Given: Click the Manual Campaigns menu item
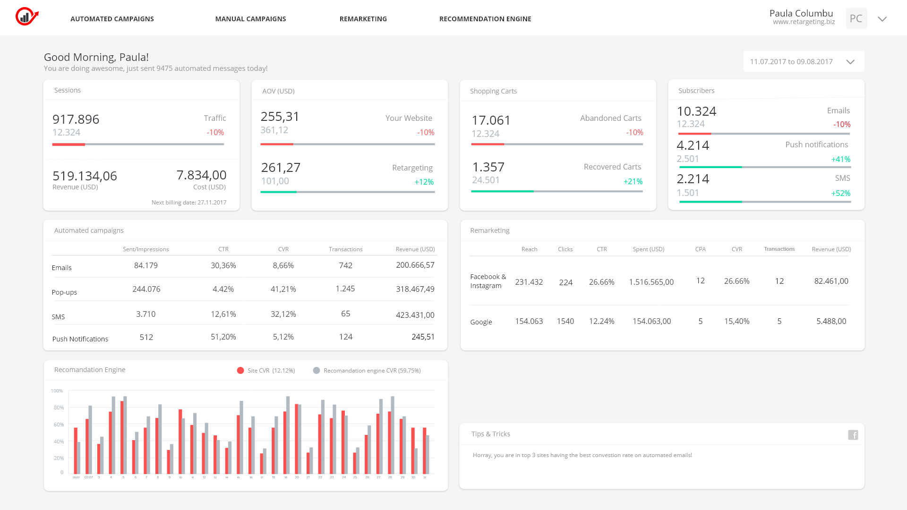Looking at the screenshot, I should click(x=250, y=19).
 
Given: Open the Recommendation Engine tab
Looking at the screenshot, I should click(x=485, y=19).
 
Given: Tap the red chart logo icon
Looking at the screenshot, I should click(x=26, y=17).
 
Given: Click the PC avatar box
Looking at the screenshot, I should click(x=856, y=18).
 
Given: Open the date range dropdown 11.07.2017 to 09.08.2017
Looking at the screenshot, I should click(x=804, y=62).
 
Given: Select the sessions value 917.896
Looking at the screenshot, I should click(x=76, y=119).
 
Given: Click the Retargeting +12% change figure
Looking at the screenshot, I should click(x=424, y=182).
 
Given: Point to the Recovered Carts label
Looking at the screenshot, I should click(x=612, y=167).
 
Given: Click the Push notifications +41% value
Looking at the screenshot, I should click(x=840, y=159).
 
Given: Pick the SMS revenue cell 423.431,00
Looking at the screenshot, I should click(x=415, y=315).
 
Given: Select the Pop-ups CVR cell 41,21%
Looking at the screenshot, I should click(x=283, y=289).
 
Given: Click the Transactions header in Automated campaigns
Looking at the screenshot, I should click(x=345, y=249).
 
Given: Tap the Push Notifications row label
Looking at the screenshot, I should click(x=80, y=339).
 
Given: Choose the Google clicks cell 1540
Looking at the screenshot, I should click(x=565, y=321).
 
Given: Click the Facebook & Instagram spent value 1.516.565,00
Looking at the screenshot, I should click(x=651, y=282).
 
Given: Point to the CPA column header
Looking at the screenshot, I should click(x=700, y=249).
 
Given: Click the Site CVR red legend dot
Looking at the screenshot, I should click(x=240, y=371).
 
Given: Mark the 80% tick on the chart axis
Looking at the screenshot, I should click(x=59, y=408).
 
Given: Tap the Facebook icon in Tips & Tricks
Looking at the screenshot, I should click(x=853, y=435).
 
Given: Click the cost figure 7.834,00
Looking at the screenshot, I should click(x=201, y=175).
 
